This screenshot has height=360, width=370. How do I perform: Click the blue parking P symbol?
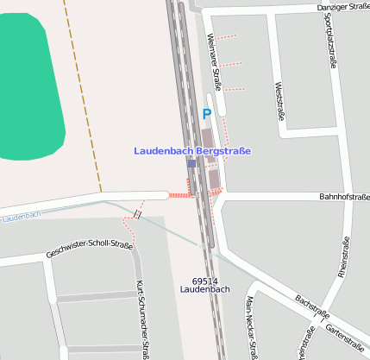(206, 113)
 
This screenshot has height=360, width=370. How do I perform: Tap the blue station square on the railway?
(191, 163)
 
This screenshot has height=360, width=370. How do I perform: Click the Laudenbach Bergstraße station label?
(192, 151)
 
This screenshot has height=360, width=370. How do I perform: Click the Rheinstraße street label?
(343, 258)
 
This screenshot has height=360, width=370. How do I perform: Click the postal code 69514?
(204, 281)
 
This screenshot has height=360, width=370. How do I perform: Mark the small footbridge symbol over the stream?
(137, 213)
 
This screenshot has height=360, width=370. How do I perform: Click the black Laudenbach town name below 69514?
(204, 290)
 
